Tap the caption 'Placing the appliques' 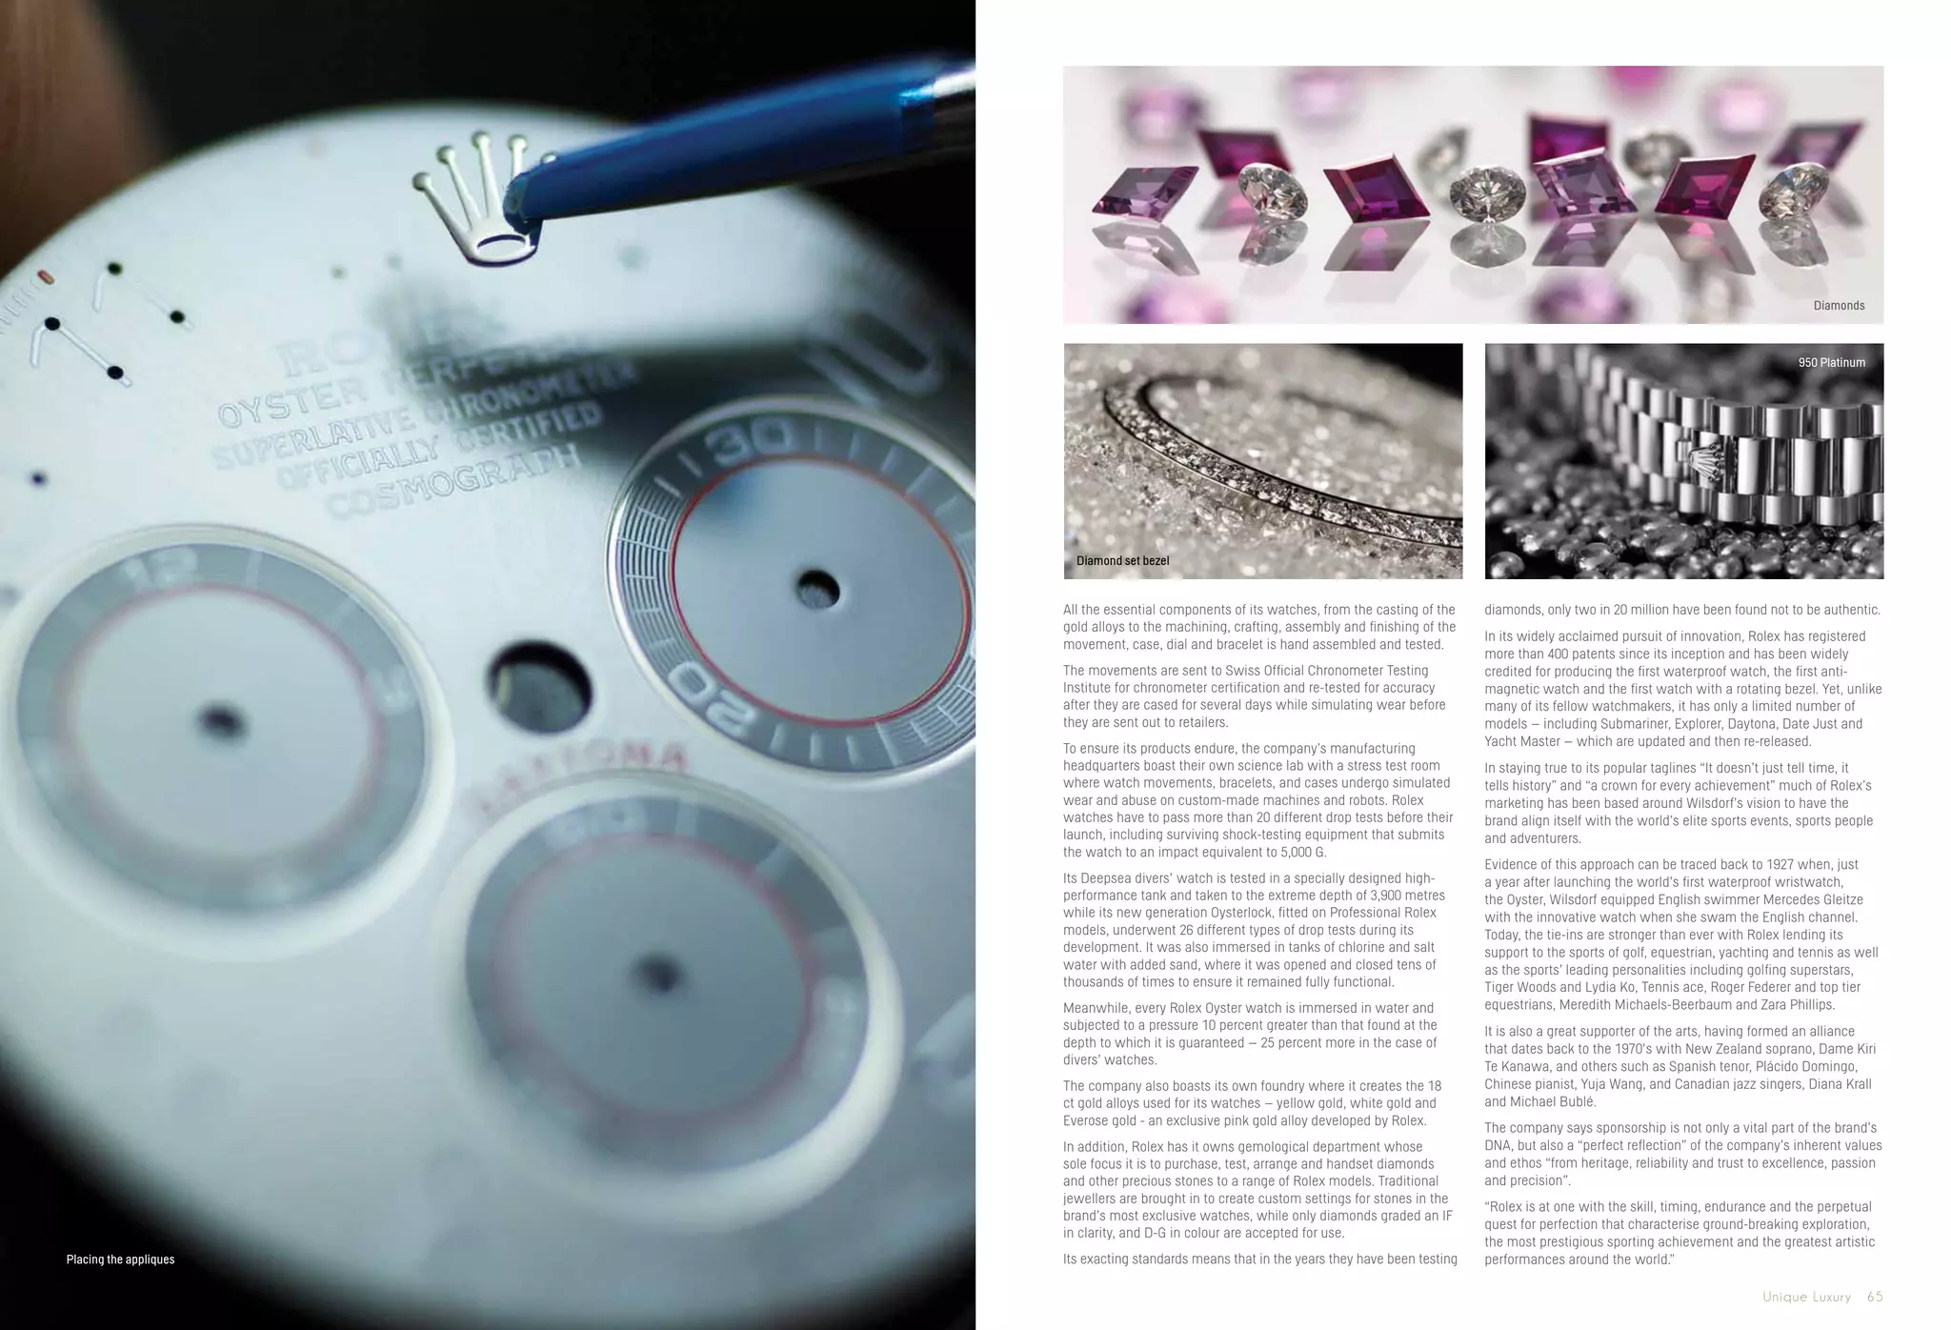(120, 1259)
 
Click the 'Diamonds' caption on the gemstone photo (1839, 306)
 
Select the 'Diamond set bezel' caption (1122, 561)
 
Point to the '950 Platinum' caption (1831, 363)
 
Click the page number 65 (1875, 1297)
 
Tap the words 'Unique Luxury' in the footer (1806, 1297)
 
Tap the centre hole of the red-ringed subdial (815, 588)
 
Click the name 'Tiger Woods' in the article (1520, 987)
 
